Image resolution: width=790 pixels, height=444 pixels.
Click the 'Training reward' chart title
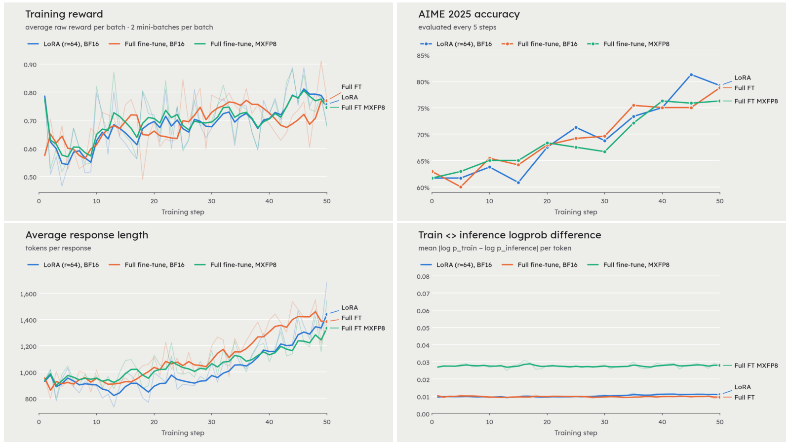(64, 14)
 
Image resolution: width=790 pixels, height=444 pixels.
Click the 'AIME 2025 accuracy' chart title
(469, 14)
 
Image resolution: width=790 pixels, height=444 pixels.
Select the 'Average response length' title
(87, 235)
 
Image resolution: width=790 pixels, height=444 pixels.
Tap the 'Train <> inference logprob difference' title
(510, 235)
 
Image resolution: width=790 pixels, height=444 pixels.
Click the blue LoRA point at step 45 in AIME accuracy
(691, 75)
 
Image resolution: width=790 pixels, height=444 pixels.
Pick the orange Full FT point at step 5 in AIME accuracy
(461, 187)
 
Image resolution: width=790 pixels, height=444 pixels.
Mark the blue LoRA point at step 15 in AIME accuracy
(518, 183)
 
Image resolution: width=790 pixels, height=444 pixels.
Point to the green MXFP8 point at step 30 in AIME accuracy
(604, 152)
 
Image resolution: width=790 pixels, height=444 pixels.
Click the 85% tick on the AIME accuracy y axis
(423, 56)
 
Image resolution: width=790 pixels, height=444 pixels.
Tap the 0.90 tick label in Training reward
(30, 65)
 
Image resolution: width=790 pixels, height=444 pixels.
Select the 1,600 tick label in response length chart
(28, 294)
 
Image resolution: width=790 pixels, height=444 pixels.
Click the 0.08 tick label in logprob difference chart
(423, 277)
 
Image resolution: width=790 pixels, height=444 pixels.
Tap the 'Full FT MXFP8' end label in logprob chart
(756, 366)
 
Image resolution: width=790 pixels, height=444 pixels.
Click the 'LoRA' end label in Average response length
(350, 308)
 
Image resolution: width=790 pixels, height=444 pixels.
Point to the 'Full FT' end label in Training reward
(351, 87)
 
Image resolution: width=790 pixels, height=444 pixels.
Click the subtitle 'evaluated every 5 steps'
(457, 27)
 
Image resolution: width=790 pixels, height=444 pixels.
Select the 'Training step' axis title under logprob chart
(576, 433)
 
